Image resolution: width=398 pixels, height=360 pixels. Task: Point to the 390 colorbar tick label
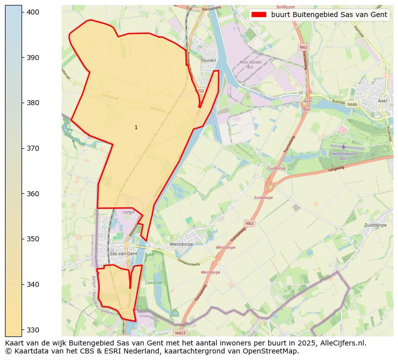pyautogui.click(x=33, y=58)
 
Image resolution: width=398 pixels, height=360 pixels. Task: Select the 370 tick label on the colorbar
pyautogui.click(x=33, y=148)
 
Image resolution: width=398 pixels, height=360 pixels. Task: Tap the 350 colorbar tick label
pyautogui.click(x=33, y=239)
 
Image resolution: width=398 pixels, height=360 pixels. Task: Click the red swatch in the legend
pyautogui.click(x=259, y=15)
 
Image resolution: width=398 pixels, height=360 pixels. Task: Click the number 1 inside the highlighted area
pyautogui.click(x=136, y=128)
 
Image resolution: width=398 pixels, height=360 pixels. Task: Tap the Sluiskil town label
pyautogui.click(x=208, y=60)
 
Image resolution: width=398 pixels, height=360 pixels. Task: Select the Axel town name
pyautogui.click(x=382, y=101)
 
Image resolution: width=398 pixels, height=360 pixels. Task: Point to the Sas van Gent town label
pyautogui.click(x=123, y=254)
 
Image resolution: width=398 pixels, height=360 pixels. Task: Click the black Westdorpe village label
pyautogui.click(x=181, y=244)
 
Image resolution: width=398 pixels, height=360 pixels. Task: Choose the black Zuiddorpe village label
pyautogui.click(x=375, y=225)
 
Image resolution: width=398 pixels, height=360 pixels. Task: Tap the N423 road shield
pyautogui.click(x=180, y=332)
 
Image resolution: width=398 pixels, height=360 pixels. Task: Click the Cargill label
pyautogui.click(x=128, y=212)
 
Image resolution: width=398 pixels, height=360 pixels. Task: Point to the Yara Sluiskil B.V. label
pyautogui.click(x=251, y=65)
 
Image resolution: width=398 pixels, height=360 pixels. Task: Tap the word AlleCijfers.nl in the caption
pyautogui.click(x=343, y=343)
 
